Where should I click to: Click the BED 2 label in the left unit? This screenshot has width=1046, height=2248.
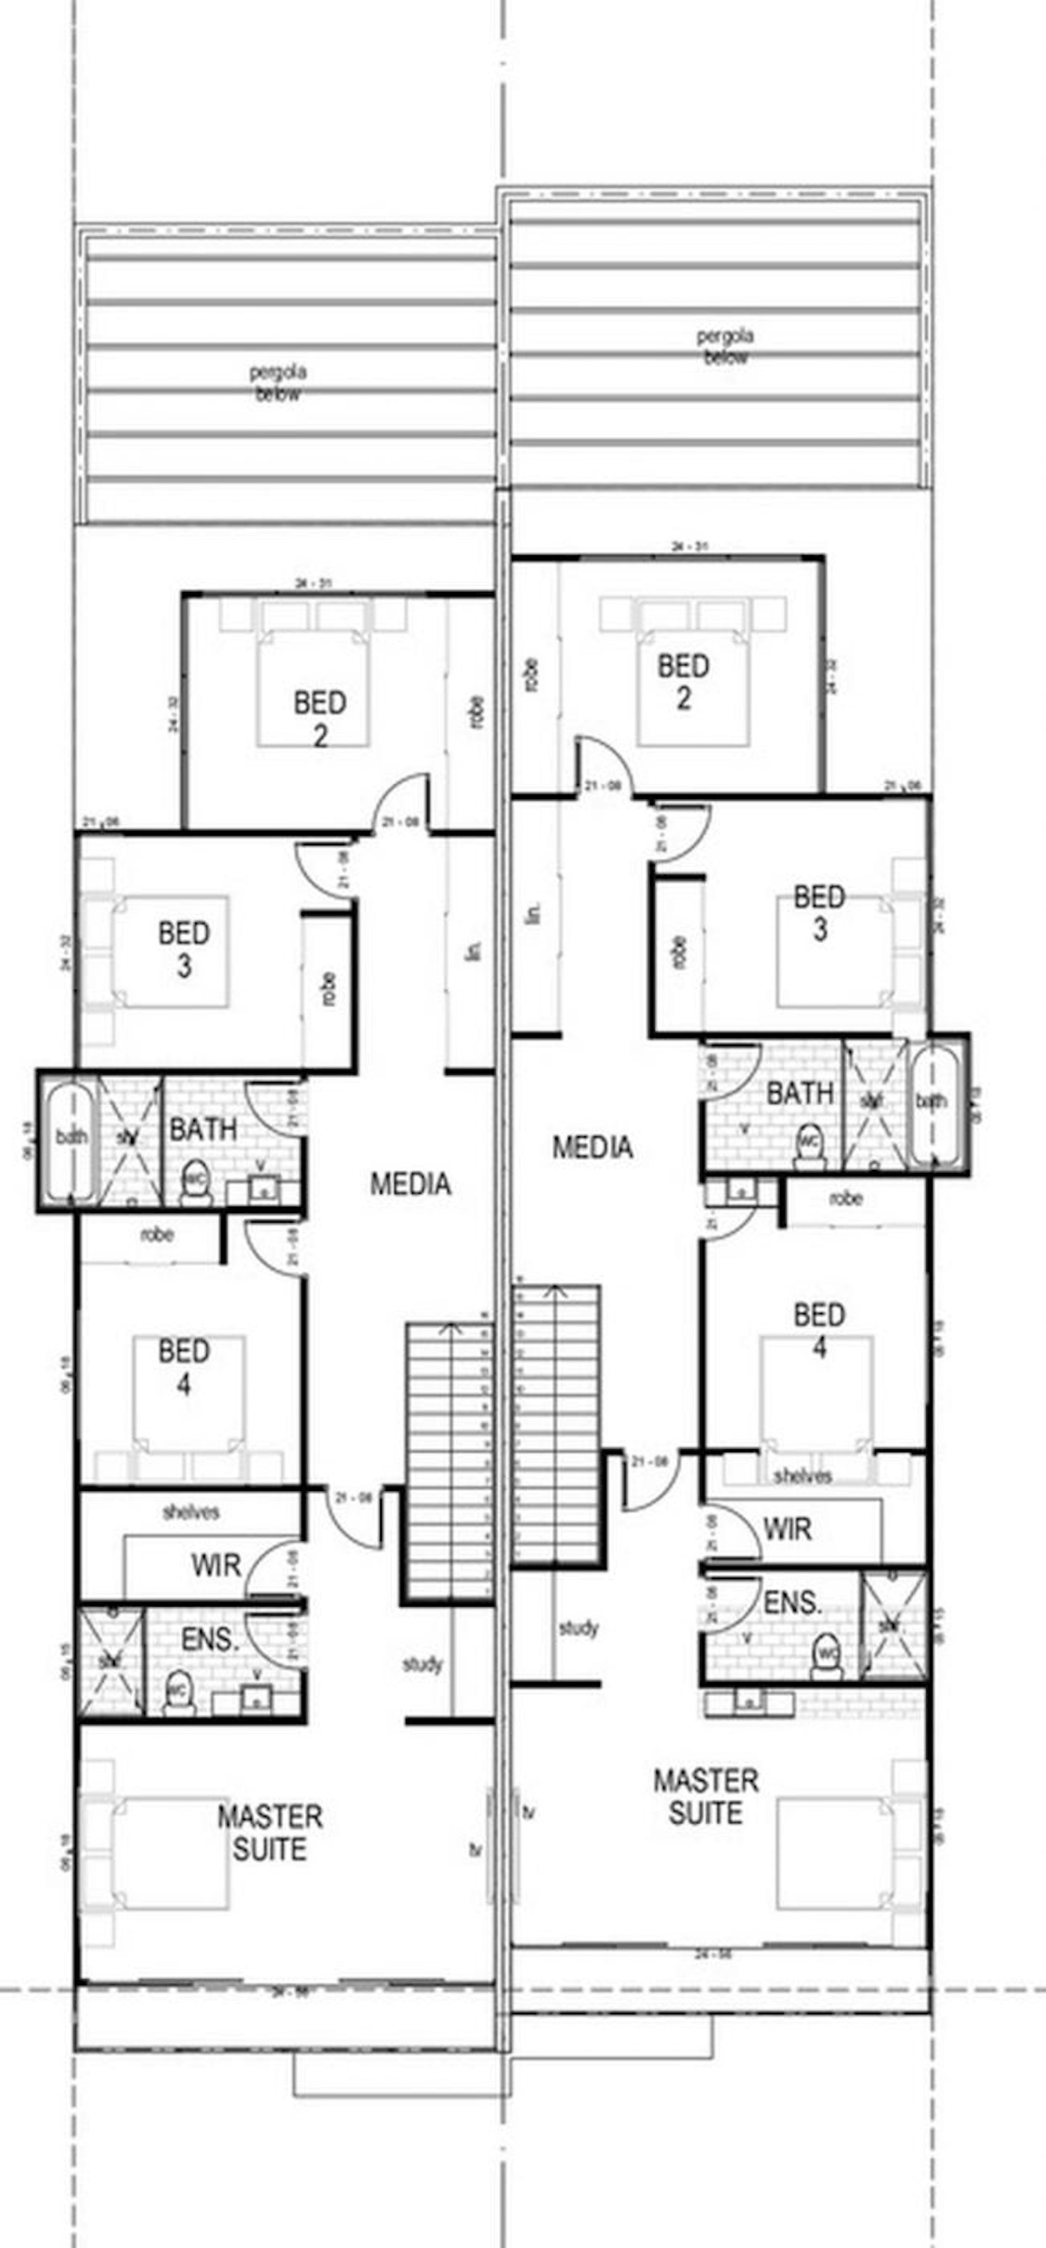tap(320, 718)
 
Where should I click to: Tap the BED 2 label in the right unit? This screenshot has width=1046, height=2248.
tap(683, 682)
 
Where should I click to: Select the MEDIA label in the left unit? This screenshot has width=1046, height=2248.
tap(410, 1183)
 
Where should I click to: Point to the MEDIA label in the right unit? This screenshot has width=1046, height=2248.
tap(592, 1147)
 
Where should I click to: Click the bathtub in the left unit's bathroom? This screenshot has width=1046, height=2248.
tap(69, 1139)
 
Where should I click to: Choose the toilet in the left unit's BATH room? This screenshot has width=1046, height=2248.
tap(194, 1183)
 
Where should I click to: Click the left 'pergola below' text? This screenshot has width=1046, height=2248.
tap(278, 383)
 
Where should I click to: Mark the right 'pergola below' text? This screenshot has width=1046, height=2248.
tap(725, 346)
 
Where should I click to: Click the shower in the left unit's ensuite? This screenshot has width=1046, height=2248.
tap(111, 1663)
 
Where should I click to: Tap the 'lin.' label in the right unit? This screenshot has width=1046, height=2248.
tap(534, 912)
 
